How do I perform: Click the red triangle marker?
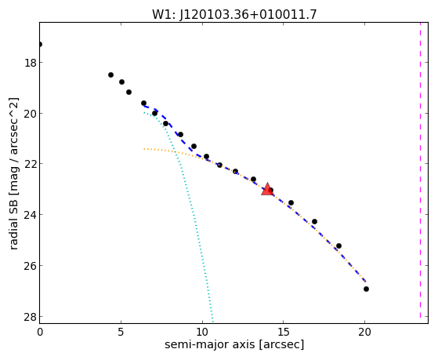pos(267,189)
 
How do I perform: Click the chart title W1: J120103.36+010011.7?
pos(234,14)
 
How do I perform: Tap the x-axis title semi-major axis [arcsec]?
pos(234,344)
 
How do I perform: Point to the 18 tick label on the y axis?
pos(31,63)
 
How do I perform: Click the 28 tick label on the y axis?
pos(31,317)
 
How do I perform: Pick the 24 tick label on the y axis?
pos(31,215)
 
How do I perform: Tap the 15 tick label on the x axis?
pos(283,332)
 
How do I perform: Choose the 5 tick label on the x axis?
pos(121,332)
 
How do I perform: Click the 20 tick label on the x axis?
pos(364,332)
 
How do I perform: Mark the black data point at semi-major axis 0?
pos(40,44)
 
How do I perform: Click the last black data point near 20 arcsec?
pos(366,289)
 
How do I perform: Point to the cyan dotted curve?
pos(189,196)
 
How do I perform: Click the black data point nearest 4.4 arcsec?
pos(111,75)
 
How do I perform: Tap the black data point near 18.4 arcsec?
pos(338,245)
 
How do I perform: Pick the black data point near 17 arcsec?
pos(314,221)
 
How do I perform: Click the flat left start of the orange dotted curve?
pos(145,149)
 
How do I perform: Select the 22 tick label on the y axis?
pos(31,164)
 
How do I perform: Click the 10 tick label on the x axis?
pos(202,332)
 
